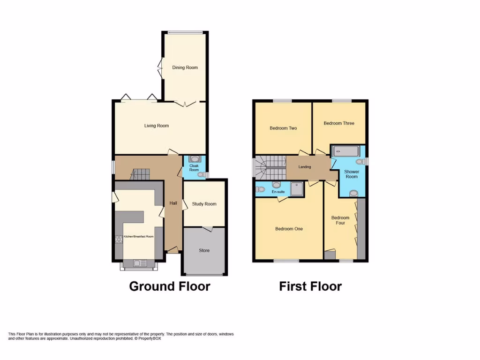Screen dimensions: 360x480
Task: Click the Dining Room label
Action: click(x=185, y=67)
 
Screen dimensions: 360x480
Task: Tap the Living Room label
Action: click(x=156, y=126)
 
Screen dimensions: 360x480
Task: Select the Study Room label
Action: click(x=204, y=204)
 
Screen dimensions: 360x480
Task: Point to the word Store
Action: click(x=204, y=250)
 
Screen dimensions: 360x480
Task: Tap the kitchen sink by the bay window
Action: click(x=139, y=263)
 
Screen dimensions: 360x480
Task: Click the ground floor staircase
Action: click(x=139, y=174)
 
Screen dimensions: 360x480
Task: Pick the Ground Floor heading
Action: click(x=169, y=286)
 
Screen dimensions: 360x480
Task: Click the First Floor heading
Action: click(x=310, y=286)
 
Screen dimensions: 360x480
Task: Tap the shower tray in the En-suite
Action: click(x=297, y=188)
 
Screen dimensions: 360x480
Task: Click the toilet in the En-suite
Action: click(x=260, y=189)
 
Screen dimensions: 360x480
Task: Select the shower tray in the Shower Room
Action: click(x=345, y=151)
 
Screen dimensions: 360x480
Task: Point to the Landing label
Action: click(x=305, y=167)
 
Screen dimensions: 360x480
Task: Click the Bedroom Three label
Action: click(x=339, y=123)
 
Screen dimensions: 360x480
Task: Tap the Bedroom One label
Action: click(x=289, y=229)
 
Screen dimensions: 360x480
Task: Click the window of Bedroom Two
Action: click(x=283, y=100)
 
